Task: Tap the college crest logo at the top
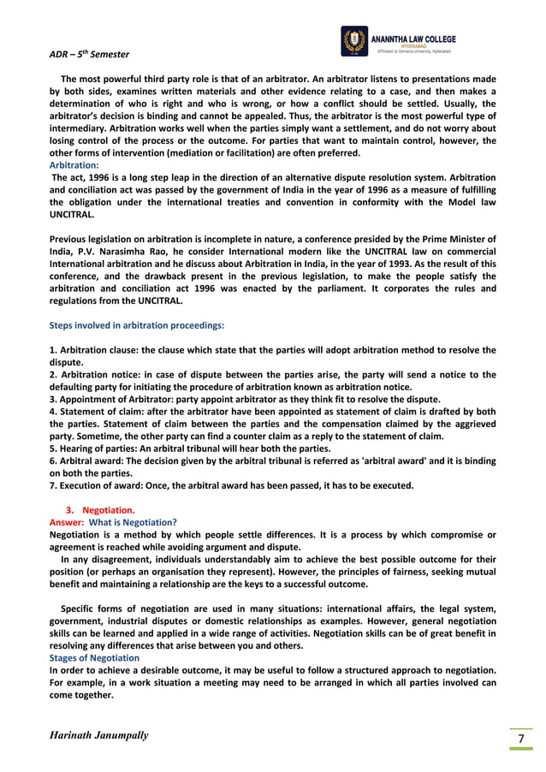pos(353,41)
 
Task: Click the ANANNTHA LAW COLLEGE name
pos(413,39)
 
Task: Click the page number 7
pos(519,739)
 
